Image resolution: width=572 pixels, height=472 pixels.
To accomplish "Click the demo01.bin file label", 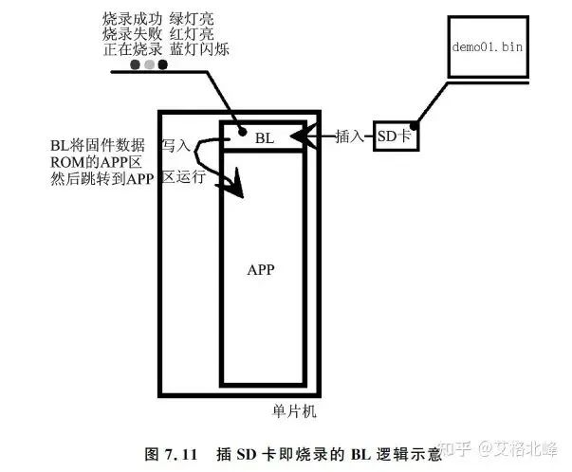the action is (488, 46).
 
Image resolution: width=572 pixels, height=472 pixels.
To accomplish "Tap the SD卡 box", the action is (396, 136).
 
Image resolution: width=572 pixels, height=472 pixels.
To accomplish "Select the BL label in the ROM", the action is (265, 138).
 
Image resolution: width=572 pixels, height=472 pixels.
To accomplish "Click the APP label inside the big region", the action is (261, 270).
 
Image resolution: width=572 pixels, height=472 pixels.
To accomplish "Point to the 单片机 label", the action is (294, 411).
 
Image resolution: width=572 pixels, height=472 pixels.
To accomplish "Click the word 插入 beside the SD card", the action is (349, 136).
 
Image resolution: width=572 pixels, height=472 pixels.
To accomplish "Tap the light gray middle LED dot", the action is (150, 64).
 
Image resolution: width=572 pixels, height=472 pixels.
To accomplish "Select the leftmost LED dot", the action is (136, 64).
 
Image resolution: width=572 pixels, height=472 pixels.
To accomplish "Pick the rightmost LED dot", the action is (163, 64).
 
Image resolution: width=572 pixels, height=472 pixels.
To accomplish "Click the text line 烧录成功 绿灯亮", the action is (158, 19).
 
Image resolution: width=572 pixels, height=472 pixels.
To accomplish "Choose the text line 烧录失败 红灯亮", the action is (158, 34).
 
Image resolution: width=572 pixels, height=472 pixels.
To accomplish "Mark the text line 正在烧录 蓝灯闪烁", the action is (166, 49).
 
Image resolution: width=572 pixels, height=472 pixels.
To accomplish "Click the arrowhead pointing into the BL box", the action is (300, 136).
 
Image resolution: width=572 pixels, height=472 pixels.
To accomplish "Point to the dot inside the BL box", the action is (242, 132).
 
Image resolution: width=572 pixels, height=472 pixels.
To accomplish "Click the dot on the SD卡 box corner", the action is (414, 125).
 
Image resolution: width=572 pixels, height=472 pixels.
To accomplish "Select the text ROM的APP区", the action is (96, 162).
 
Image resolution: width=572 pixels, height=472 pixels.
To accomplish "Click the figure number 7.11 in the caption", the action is (181, 455).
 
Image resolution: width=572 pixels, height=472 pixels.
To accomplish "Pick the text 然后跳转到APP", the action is (101, 179).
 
